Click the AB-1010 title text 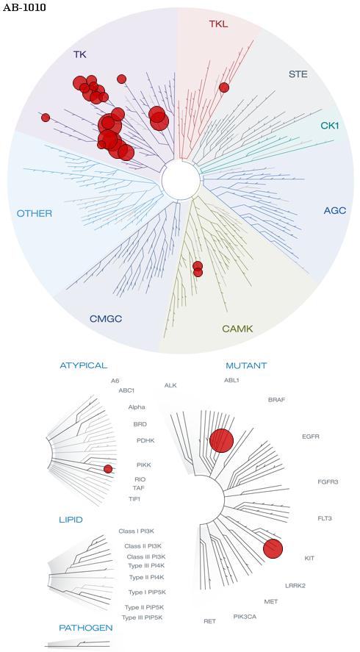(x=24, y=8)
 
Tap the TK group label (x=80, y=54)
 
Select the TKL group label (x=218, y=24)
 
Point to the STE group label (x=298, y=74)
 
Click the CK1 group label (x=330, y=125)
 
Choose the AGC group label (x=334, y=210)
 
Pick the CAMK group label (x=237, y=329)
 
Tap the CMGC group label (x=106, y=319)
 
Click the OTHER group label (x=35, y=214)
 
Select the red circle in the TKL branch (x=224, y=87)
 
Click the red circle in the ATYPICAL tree (x=108, y=469)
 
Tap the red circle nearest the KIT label (x=273, y=548)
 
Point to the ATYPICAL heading (x=84, y=365)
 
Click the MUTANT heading (x=246, y=366)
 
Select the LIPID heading (x=71, y=520)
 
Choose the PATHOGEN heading (x=86, y=628)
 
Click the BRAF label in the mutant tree (x=276, y=400)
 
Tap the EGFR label (x=311, y=437)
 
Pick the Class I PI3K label (x=137, y=531)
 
